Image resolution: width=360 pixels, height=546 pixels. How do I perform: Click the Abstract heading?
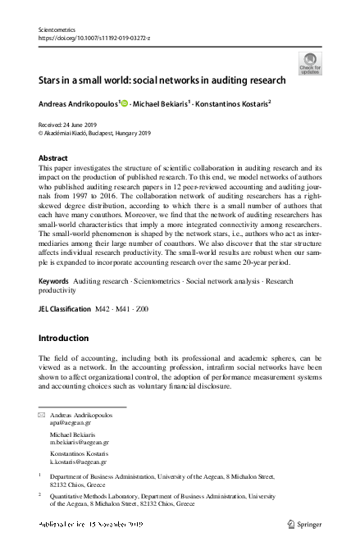coord(54,157)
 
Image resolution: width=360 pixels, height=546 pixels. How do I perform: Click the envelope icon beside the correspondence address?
coord(43,416)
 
